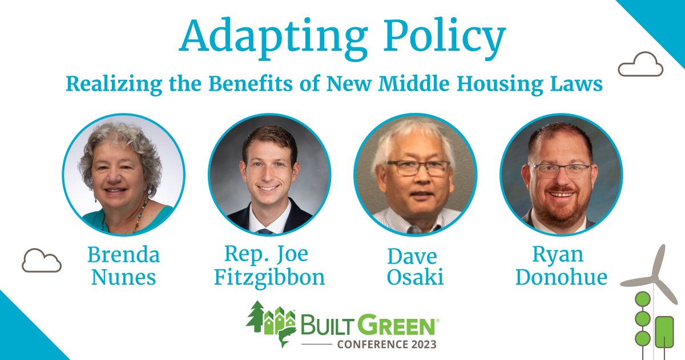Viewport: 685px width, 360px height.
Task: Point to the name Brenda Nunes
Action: [123, 266]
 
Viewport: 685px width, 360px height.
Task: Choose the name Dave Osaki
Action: [415, 266]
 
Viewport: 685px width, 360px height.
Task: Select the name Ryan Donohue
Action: [561, 266]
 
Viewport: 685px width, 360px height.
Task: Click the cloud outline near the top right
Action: [640, 64]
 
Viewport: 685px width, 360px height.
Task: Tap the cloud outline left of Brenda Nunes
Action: [42, 261]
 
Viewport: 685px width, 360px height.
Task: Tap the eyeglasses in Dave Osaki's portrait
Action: [414, 168]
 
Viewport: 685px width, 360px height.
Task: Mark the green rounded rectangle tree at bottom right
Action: [664, 331]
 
